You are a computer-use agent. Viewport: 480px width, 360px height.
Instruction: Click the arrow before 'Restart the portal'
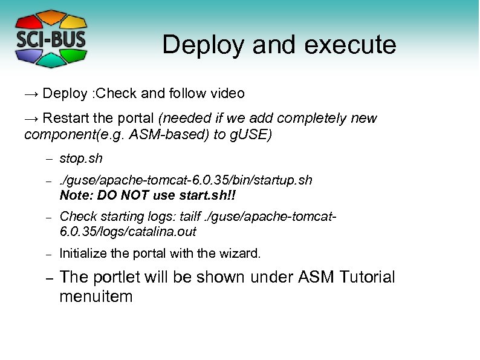coord(31,118)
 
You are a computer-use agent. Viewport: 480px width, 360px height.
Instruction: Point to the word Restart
coord(63,118)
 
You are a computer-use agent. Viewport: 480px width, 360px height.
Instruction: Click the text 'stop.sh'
coord(81,159)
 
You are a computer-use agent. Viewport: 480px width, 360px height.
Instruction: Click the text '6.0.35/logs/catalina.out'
coord(128,232)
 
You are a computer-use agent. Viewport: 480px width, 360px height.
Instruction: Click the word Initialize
coord(82,254)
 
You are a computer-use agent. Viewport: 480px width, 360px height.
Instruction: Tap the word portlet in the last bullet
coord(114,278)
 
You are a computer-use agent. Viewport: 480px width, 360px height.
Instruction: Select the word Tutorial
coord(366,278)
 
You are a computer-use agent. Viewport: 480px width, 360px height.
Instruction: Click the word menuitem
coord(96,296)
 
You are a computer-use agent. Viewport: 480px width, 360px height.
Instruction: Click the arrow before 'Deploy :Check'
coord(31,94)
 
